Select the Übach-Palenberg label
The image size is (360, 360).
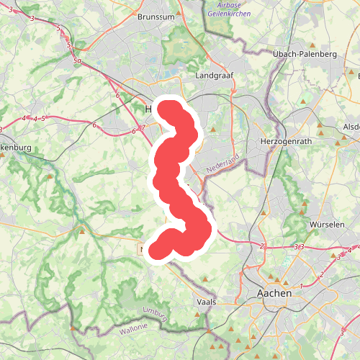(305, 54)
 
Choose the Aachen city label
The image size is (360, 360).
(275, 294)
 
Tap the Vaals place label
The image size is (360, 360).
(206, 302)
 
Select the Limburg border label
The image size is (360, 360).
(155, 313)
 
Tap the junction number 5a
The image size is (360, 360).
(77, 62)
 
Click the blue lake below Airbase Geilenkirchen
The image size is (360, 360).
(185, 43)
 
